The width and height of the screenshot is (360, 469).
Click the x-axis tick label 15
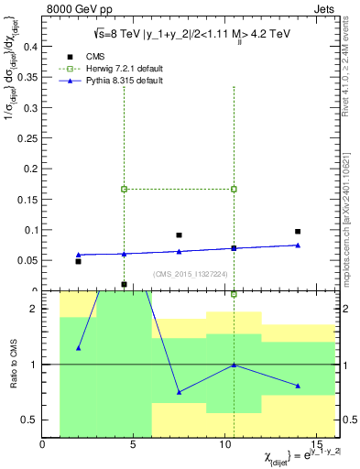point(316,445)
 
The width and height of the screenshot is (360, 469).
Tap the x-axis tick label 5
point(134,445)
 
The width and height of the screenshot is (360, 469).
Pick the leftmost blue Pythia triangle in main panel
point(79,255)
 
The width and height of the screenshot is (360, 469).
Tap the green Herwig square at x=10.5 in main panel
point(234,189)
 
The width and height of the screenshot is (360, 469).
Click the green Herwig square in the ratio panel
point(234,294)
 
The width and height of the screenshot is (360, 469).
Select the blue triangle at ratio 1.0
point(234,365)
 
